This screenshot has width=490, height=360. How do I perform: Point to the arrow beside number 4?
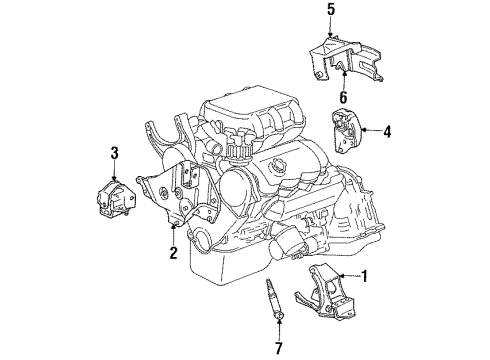[372, 129]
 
